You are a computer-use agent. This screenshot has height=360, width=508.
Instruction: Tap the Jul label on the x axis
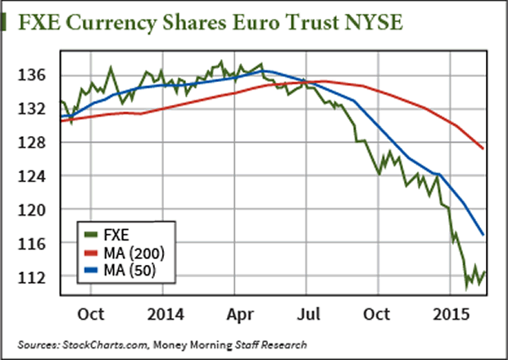(307, 312)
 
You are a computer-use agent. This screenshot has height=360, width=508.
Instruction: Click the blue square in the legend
(91, 267)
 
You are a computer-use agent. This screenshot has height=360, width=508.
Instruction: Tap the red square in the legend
(91, 250)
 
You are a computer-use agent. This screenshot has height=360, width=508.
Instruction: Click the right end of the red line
(484, 148)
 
